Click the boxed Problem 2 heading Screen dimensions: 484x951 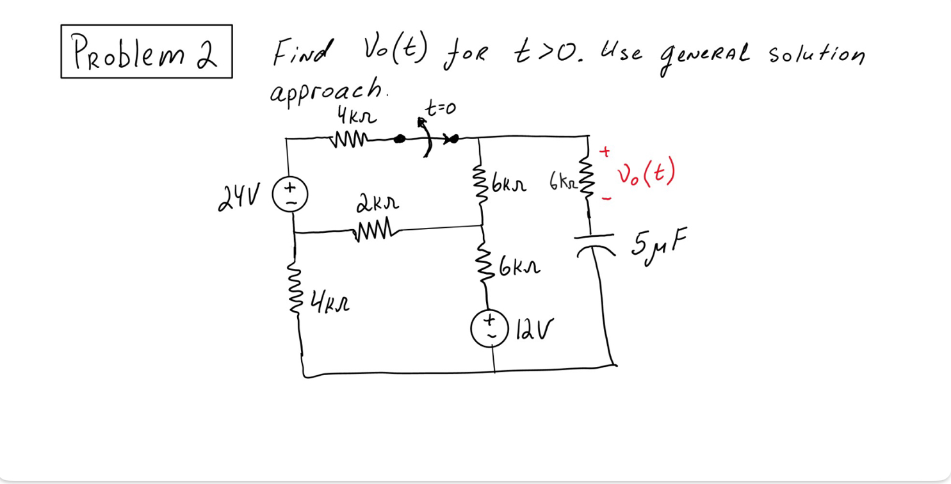point(146,52)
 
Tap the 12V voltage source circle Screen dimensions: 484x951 point(490,328)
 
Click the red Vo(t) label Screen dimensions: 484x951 point(646,173)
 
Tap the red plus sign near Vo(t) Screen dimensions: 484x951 point(605,152)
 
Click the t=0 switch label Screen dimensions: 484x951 point(441,109)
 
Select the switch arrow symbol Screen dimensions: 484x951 point(426,136)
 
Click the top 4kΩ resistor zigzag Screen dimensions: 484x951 point(348,139)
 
